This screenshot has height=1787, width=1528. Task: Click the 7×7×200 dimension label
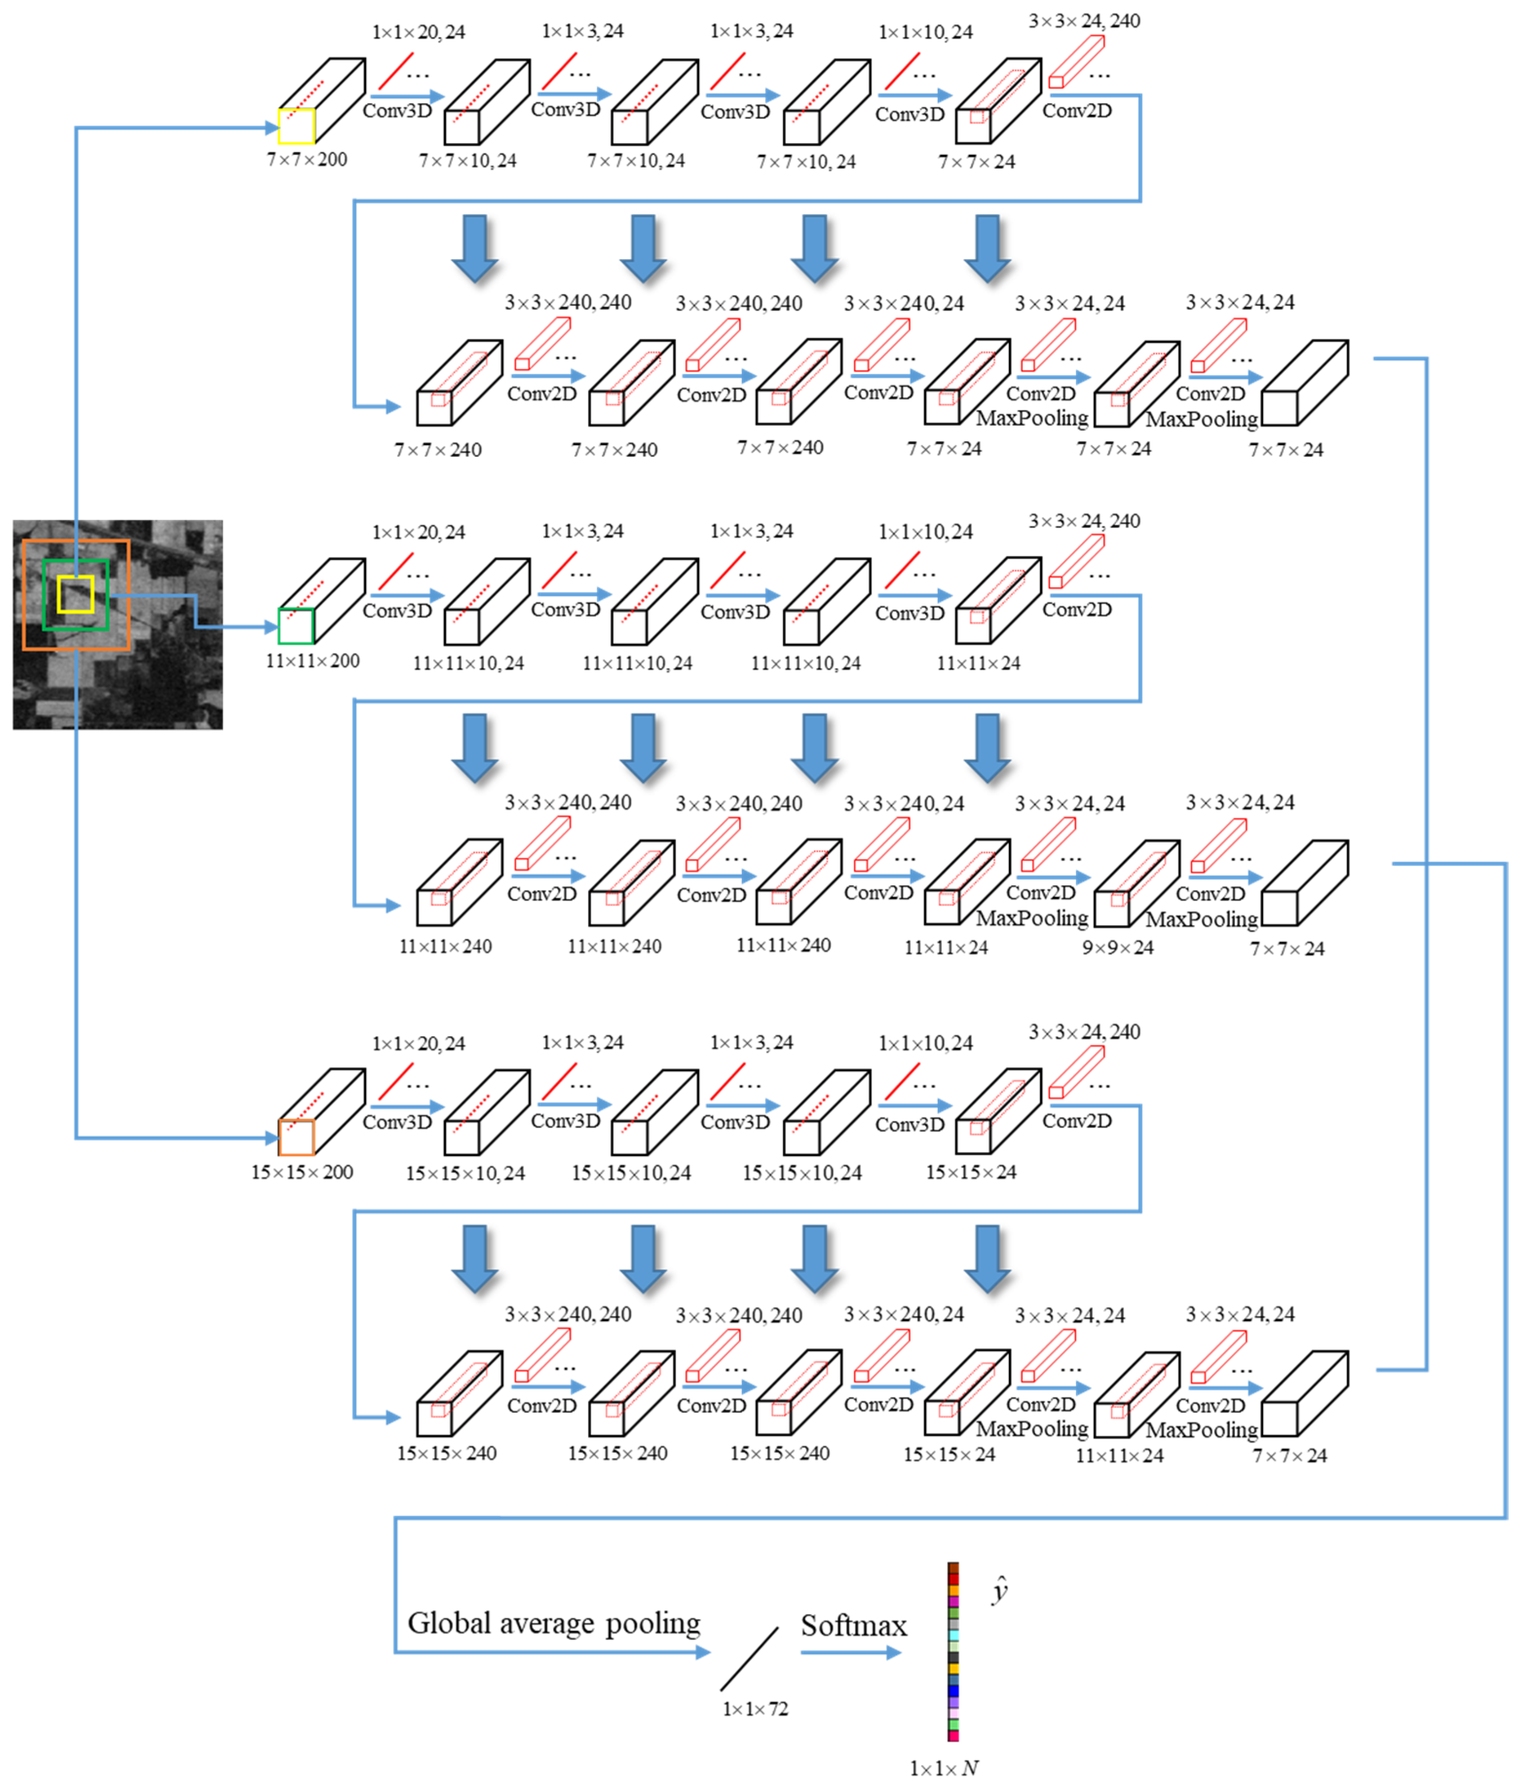pyautogui.click(x=307, y=160)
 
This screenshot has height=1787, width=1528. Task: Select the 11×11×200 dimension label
pyautogui.click(x=312, y=661)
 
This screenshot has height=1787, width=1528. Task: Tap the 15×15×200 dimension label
pyautogui.click(x=302, y=1172)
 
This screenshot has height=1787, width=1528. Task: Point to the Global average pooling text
pyautogui.click(x=554, y=1623)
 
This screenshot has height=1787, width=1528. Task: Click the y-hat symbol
pyautogui.click(x=999, y=1589)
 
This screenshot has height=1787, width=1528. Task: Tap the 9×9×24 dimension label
pyautogui.click(x=1118, y=947)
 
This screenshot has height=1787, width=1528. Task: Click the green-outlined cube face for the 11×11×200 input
pyautogui.click(x=296, y=626)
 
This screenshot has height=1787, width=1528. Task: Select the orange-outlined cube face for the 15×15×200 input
pyautogui.click(x=296, y=1136)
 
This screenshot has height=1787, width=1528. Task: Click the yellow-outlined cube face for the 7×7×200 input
pyautogui.click(x=296, y=126)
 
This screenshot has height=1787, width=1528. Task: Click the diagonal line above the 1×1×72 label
pyautogui.click(x=749, y=1658)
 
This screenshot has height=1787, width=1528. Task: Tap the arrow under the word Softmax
pyautogui.click(x=850, y=1653)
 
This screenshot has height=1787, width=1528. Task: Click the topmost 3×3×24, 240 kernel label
pyautogui.click(x=1084, y=21)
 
